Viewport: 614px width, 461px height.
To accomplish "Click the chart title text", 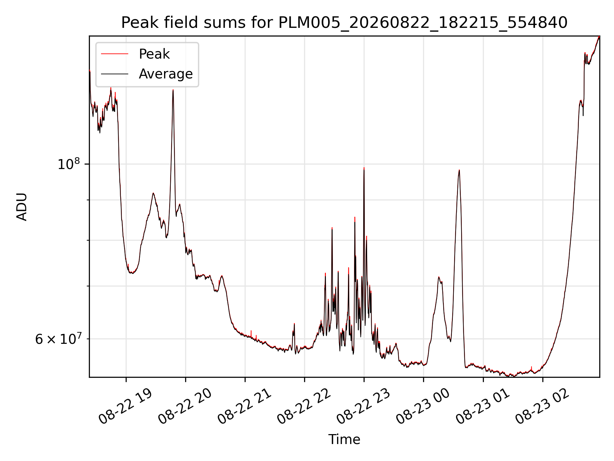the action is click(x=344, y=23).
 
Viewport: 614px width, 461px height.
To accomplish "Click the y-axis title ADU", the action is click(x=22, y=207).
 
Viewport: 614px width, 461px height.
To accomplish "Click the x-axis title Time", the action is click(x=344, y=440).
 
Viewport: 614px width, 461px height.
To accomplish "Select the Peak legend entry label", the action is click(x=154, y=54).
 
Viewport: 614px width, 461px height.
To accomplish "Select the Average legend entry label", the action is click(x=166, y=74).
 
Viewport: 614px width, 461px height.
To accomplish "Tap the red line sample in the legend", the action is click(x=114, y=54).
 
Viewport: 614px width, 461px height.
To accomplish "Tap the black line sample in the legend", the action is click(x=114, y=74).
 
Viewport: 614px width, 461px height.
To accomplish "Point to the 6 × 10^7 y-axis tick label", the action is click(x=57, y=338).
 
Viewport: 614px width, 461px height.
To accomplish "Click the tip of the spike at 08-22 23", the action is click(x=364, y=168).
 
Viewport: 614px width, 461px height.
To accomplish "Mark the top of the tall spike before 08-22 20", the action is click(x=173, y=90).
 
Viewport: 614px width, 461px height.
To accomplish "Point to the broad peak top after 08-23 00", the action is click(x=459, y=170).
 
